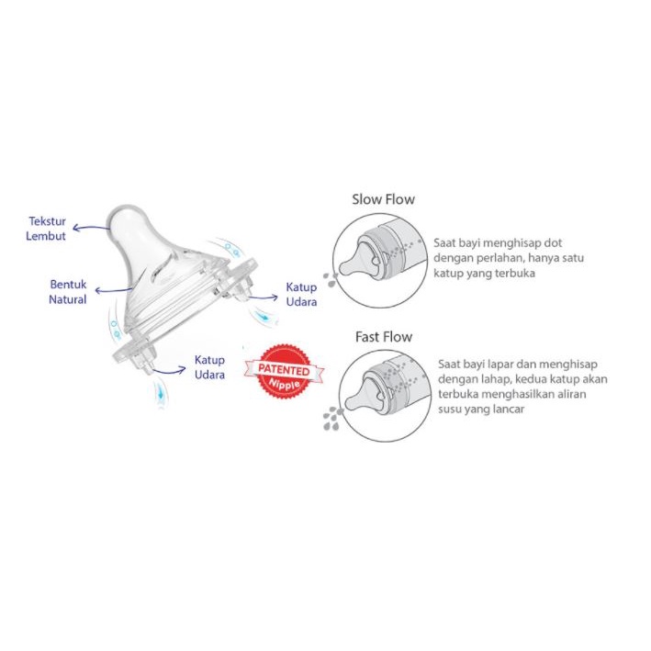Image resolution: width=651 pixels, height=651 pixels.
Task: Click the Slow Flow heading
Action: point(383,199)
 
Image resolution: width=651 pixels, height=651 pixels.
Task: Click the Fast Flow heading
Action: point(384,337)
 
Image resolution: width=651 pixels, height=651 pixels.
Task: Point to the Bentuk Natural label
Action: point(68,292)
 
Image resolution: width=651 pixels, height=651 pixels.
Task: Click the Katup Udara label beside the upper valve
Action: point(301,295)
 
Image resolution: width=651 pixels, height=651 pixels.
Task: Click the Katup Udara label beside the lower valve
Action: point(209,367)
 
